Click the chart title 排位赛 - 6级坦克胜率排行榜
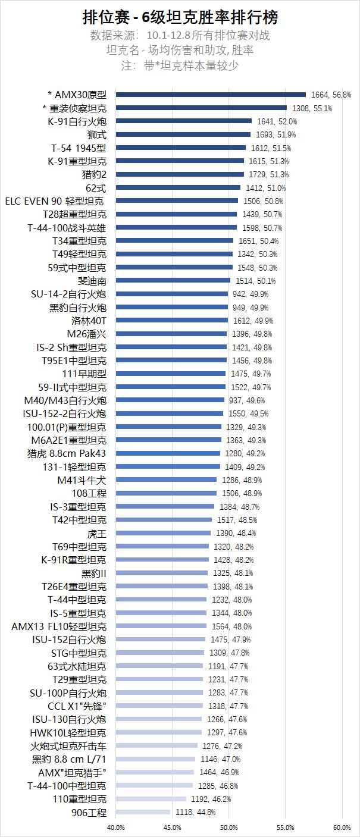[180, 16]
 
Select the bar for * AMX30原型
[211, 95]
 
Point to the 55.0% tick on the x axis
[285, 827]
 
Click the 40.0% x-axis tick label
[115, 827]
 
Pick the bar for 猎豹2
[180, 174]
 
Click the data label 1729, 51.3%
[267, 174]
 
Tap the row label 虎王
[97, 533]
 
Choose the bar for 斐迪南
[173, 281]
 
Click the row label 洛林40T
[89, 321]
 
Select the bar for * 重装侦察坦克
[201, 108]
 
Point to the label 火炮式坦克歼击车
[69, 745]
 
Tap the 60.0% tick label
[342, 827]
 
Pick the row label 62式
[97, 187]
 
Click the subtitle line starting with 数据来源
[180, 35]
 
